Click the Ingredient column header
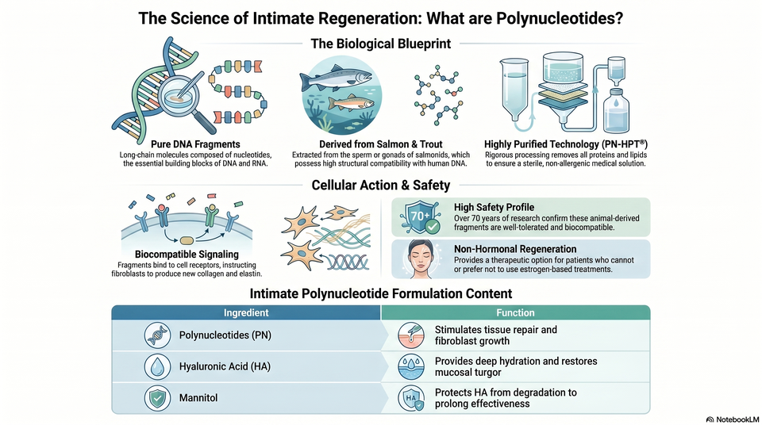point(246,312)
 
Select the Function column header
point(515,312)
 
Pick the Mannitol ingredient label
point(198,398)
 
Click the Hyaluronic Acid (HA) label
point(225,366)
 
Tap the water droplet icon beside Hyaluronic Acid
point(157,366)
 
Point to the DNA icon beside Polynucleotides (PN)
point(157,335)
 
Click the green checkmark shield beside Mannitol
point(157,398)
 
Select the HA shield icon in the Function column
point(411,398)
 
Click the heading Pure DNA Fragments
point(195,144)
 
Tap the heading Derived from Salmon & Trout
point(380,144)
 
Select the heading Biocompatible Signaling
point(187,254)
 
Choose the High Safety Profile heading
point(495,208)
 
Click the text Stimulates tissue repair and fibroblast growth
point(495,335)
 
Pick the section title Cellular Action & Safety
point(381,185)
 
